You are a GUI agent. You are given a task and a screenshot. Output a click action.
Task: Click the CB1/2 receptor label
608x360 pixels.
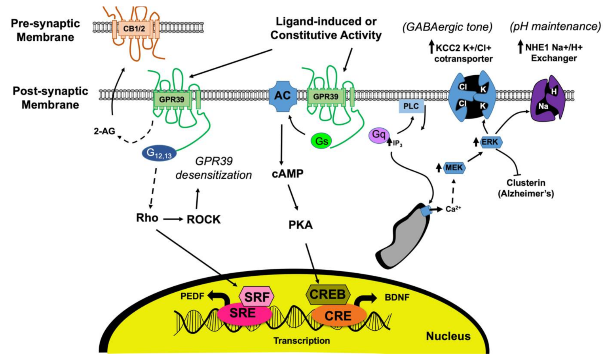[x=134, y=29]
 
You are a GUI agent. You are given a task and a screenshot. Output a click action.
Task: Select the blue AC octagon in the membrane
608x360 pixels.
[x=283, y=95]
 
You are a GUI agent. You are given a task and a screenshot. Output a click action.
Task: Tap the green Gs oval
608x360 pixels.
[x=321, y=141]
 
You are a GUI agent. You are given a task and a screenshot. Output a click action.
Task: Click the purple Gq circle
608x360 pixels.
[x=379, y=135]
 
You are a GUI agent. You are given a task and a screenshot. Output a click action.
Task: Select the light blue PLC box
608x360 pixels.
[x=411, y=106]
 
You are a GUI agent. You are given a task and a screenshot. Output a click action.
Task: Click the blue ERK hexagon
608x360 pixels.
[x=490, y=142]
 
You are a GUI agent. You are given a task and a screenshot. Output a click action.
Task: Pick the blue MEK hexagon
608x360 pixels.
[x=454, y=168]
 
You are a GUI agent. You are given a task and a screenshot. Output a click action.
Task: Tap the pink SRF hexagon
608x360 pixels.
[x=257, y=297]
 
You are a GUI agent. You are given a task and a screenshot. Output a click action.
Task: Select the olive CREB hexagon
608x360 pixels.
[x=328, y=294]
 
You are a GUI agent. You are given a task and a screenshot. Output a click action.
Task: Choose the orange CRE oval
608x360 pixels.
[x=338, y=316]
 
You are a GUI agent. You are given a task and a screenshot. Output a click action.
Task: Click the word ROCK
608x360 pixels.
[x=203, y=219]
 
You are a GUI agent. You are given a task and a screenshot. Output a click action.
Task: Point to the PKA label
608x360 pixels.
[x=300, y=225]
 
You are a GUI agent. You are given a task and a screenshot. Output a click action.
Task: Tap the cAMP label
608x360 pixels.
[x=288, y=173]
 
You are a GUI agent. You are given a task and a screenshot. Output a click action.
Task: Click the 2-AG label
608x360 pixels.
[x=104, y=131]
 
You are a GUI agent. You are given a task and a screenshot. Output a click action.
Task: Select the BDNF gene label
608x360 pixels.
[x=397, y=297]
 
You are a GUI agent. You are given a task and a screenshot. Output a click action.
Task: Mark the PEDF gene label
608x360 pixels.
[x=192, y=296]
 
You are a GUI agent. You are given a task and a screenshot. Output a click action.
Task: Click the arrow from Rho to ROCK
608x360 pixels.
[x=173, y=219]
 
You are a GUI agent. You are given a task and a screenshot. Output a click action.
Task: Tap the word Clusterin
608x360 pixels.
[x=526, y=183]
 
